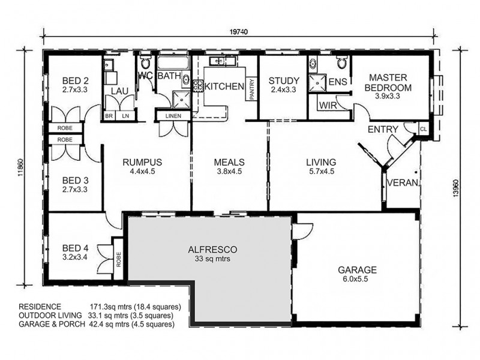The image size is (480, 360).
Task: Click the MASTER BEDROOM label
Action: tap(389, 82)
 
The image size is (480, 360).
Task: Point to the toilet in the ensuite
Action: tap(341, 63)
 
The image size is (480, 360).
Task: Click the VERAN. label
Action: tap(403, 183)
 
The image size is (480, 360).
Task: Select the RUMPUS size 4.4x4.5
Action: tap(143, 171)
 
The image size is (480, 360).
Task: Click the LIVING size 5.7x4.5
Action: tap(320, 171)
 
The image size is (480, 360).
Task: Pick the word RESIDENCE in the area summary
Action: tap(40, 307)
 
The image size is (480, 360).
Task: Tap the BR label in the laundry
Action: tap(109, 116)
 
